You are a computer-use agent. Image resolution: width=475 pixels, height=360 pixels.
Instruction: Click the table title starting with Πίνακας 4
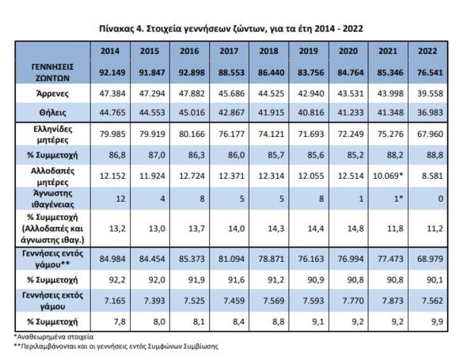[x=236, y=28]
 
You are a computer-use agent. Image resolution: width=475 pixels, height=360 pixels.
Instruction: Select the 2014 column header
[x=110, y=51]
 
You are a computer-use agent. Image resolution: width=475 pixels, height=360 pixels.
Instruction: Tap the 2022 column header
[x=429, y=51]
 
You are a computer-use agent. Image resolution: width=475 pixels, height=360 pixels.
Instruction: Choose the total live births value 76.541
[x=429, y=73]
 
